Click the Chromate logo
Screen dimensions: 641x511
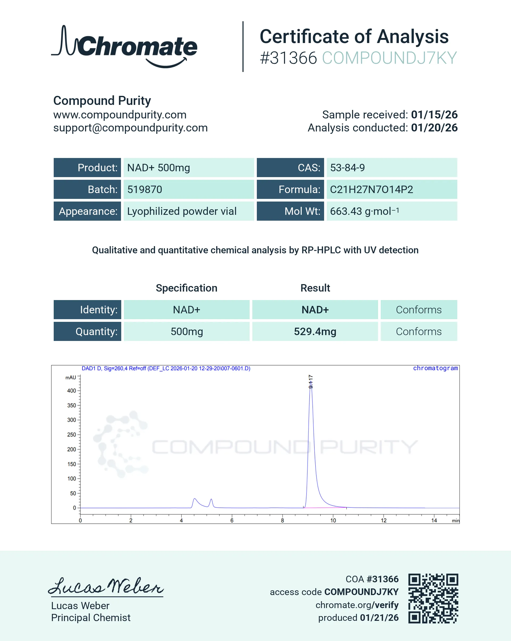[124, 47]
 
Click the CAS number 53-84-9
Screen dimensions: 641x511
[347, 168]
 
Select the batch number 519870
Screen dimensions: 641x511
[145, 189]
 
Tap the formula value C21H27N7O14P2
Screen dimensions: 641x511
[371, 189]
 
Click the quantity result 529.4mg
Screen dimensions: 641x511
[315, 331]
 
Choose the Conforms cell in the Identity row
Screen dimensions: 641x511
[418, 310]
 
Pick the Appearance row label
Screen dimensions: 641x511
[88, 211]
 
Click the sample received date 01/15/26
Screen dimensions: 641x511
[434, 114]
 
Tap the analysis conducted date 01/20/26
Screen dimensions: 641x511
[434, 127]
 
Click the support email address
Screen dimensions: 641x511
[130, 127]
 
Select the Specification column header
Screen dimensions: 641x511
[187, 288]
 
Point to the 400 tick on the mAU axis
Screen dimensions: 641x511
[72, 391]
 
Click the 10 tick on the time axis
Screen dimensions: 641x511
[333, 520]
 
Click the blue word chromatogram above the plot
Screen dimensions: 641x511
[435, 368]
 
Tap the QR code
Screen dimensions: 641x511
[433, 598]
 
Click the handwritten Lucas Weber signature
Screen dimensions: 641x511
[106, 586]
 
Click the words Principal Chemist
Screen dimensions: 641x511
[91, 618]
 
